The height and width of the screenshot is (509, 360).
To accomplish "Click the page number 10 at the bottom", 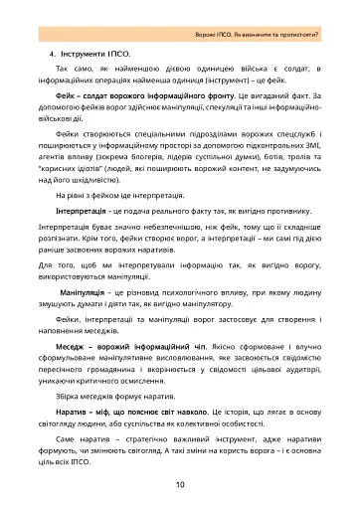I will (179, 485).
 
